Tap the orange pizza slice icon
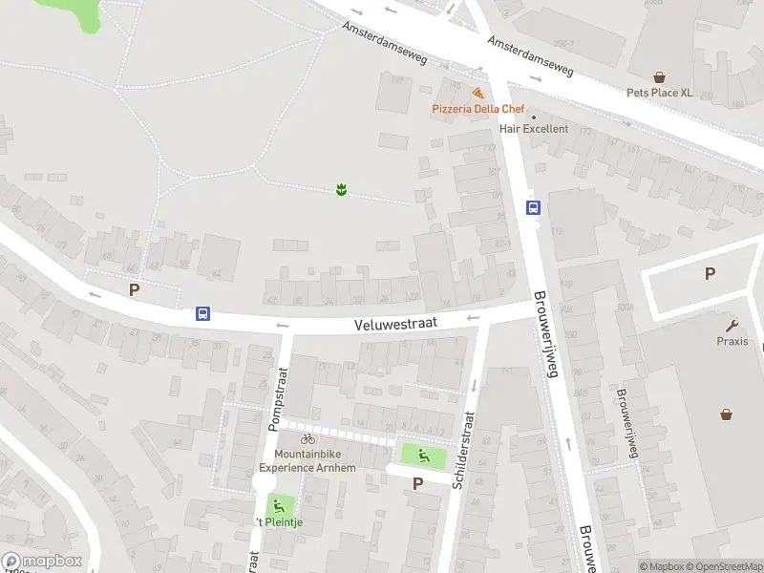tap(477, 93)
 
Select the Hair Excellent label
tap(533, 129)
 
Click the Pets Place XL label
tap(659, 93)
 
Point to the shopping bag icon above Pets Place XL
tap(659, 76)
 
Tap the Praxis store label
tap(732, 341)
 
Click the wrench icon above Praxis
tap(732, 325)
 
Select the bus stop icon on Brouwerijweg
tap(533, 207)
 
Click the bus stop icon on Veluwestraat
tap(202, 313)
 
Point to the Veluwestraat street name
tap(395, 324)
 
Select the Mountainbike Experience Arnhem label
tap(315, 461)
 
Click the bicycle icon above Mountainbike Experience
tap(308, 439)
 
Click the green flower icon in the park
tap(340, 190)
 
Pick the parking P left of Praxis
tap(710, 274)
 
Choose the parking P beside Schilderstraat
tap(416, 484)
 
